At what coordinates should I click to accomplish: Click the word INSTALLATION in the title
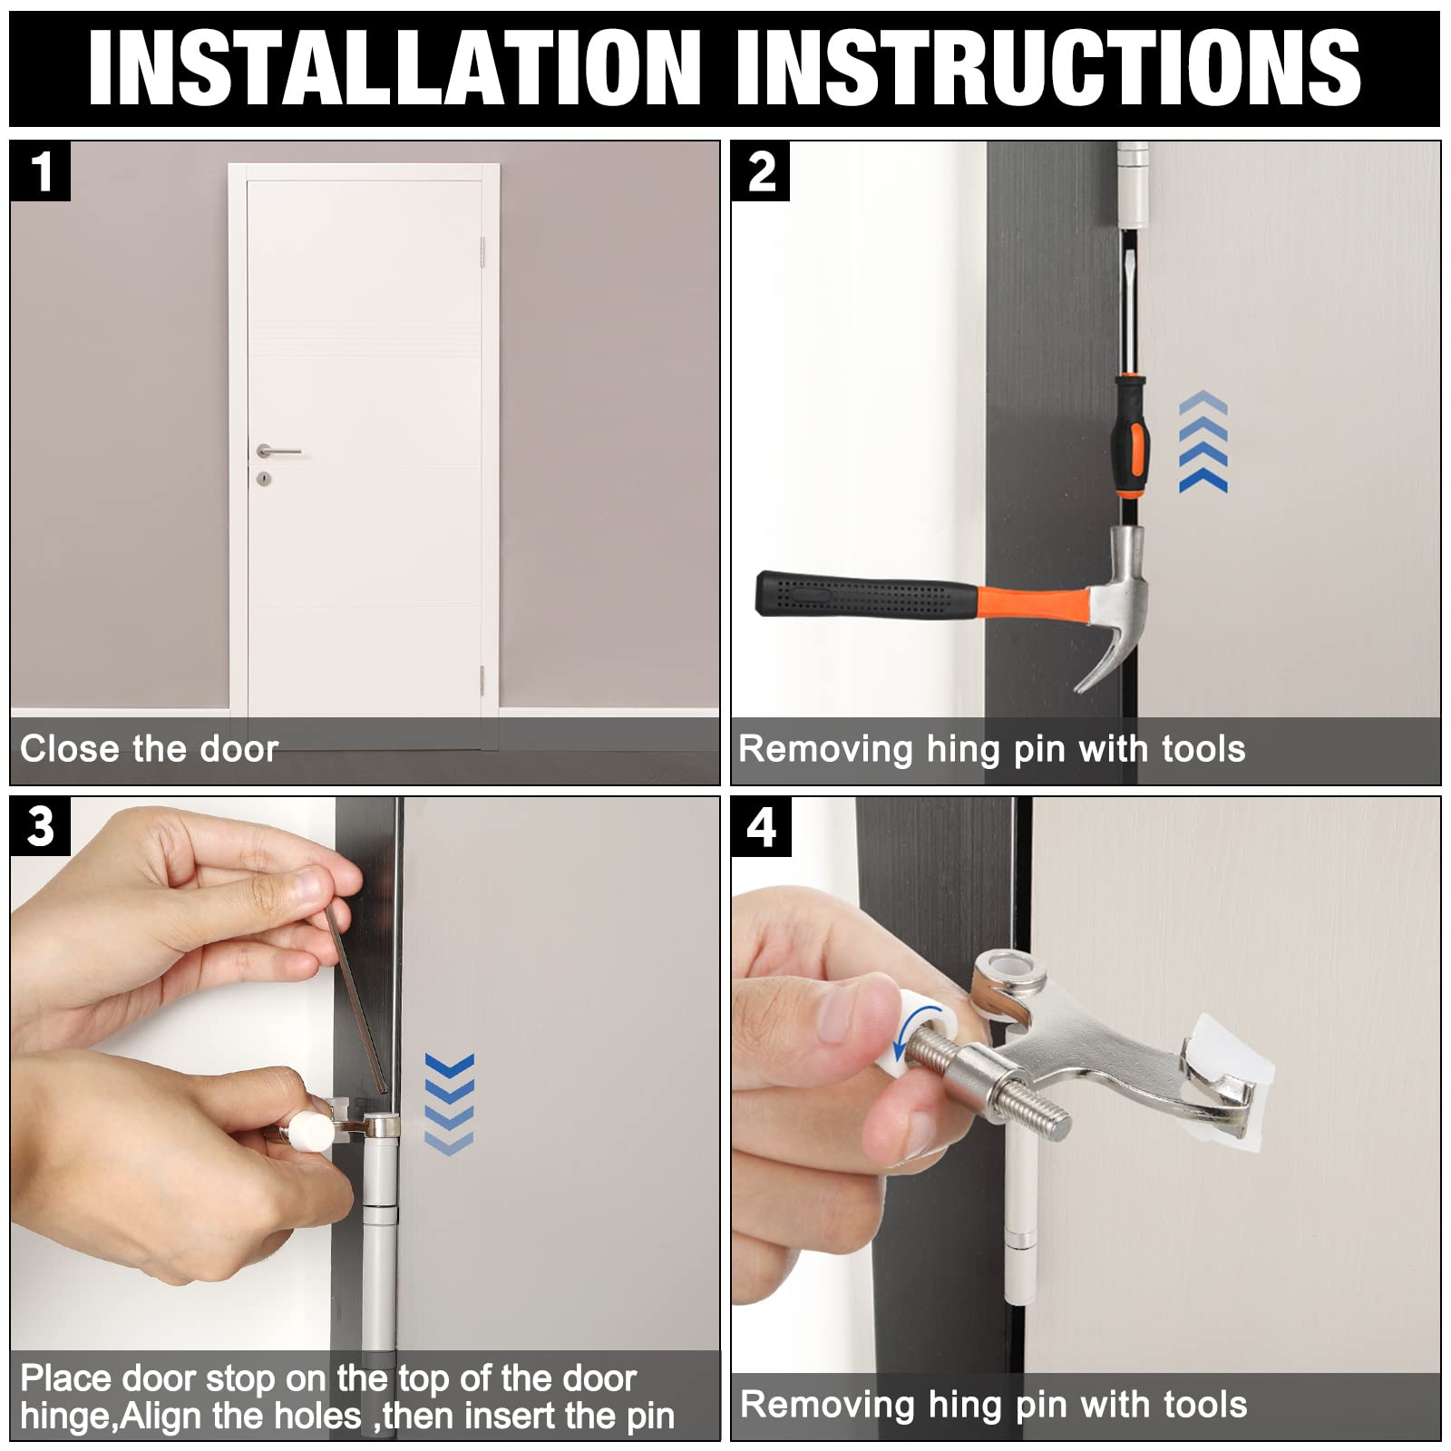tap(394, 67)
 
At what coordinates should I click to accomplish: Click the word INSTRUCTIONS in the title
tap(1048, 67)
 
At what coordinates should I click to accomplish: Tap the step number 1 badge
tap(40, 171)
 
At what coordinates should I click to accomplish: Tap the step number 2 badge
tap(761, 171)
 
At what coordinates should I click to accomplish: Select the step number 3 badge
tap(40, 827)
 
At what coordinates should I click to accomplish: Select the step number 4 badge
tap(761, 827)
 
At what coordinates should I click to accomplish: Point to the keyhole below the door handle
tap(263, 478)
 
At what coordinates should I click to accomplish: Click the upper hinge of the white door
tap(482, 253)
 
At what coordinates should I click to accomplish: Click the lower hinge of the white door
tap(482, 680)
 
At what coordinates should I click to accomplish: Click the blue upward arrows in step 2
tap(1203, 442)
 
